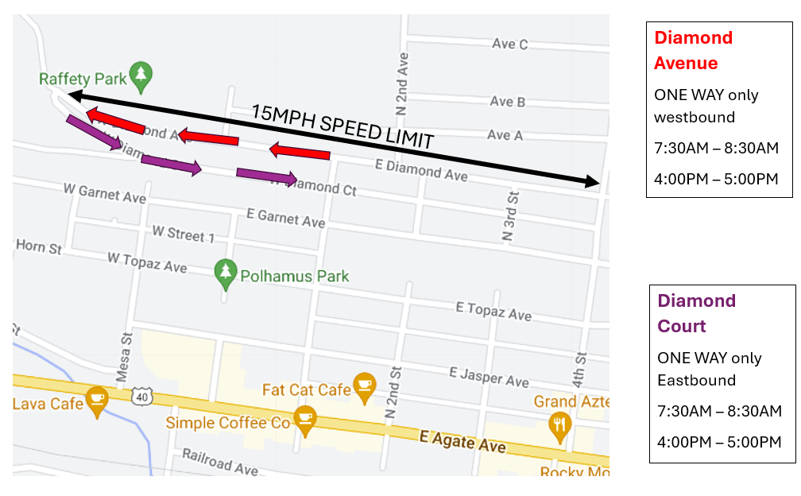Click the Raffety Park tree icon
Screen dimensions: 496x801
click(x=141, y=74)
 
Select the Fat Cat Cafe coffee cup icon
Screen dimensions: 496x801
click(x=364, y=385)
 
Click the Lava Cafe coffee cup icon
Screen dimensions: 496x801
click(x=97, y=399)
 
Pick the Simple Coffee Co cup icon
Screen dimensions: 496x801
click(x=304, y=418)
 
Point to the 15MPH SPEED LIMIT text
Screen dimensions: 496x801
click(x=342, y=126)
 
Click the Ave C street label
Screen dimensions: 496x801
click(x=509, y=45)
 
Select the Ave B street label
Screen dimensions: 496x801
click(x=507, y=102)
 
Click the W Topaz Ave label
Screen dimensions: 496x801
click(x=147, y=262)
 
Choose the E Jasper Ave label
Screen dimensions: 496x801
click(x=489, y=377)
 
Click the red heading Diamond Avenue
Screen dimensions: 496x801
click(x=693, y=50)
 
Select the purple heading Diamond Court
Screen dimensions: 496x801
click(x=696, y=313)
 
